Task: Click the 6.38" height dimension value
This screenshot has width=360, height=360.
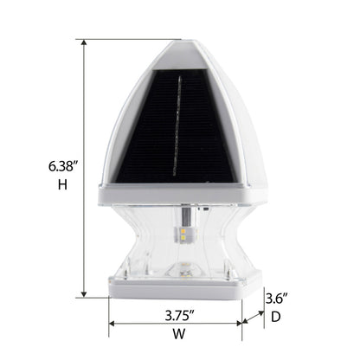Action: [63, 166]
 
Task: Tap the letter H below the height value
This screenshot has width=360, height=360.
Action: [62, 184]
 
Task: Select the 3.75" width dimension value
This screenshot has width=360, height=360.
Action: [179, 316]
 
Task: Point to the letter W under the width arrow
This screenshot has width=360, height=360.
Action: [179, 334]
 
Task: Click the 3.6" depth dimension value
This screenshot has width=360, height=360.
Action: [277, 299]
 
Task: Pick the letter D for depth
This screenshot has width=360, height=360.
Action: [276, 317]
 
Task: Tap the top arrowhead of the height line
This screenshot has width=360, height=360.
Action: [84, 42]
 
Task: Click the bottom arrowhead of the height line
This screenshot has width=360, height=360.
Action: [84, 294]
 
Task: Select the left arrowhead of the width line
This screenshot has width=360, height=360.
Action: [112, 324]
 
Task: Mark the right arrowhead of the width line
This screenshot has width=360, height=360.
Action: [239, 324]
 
